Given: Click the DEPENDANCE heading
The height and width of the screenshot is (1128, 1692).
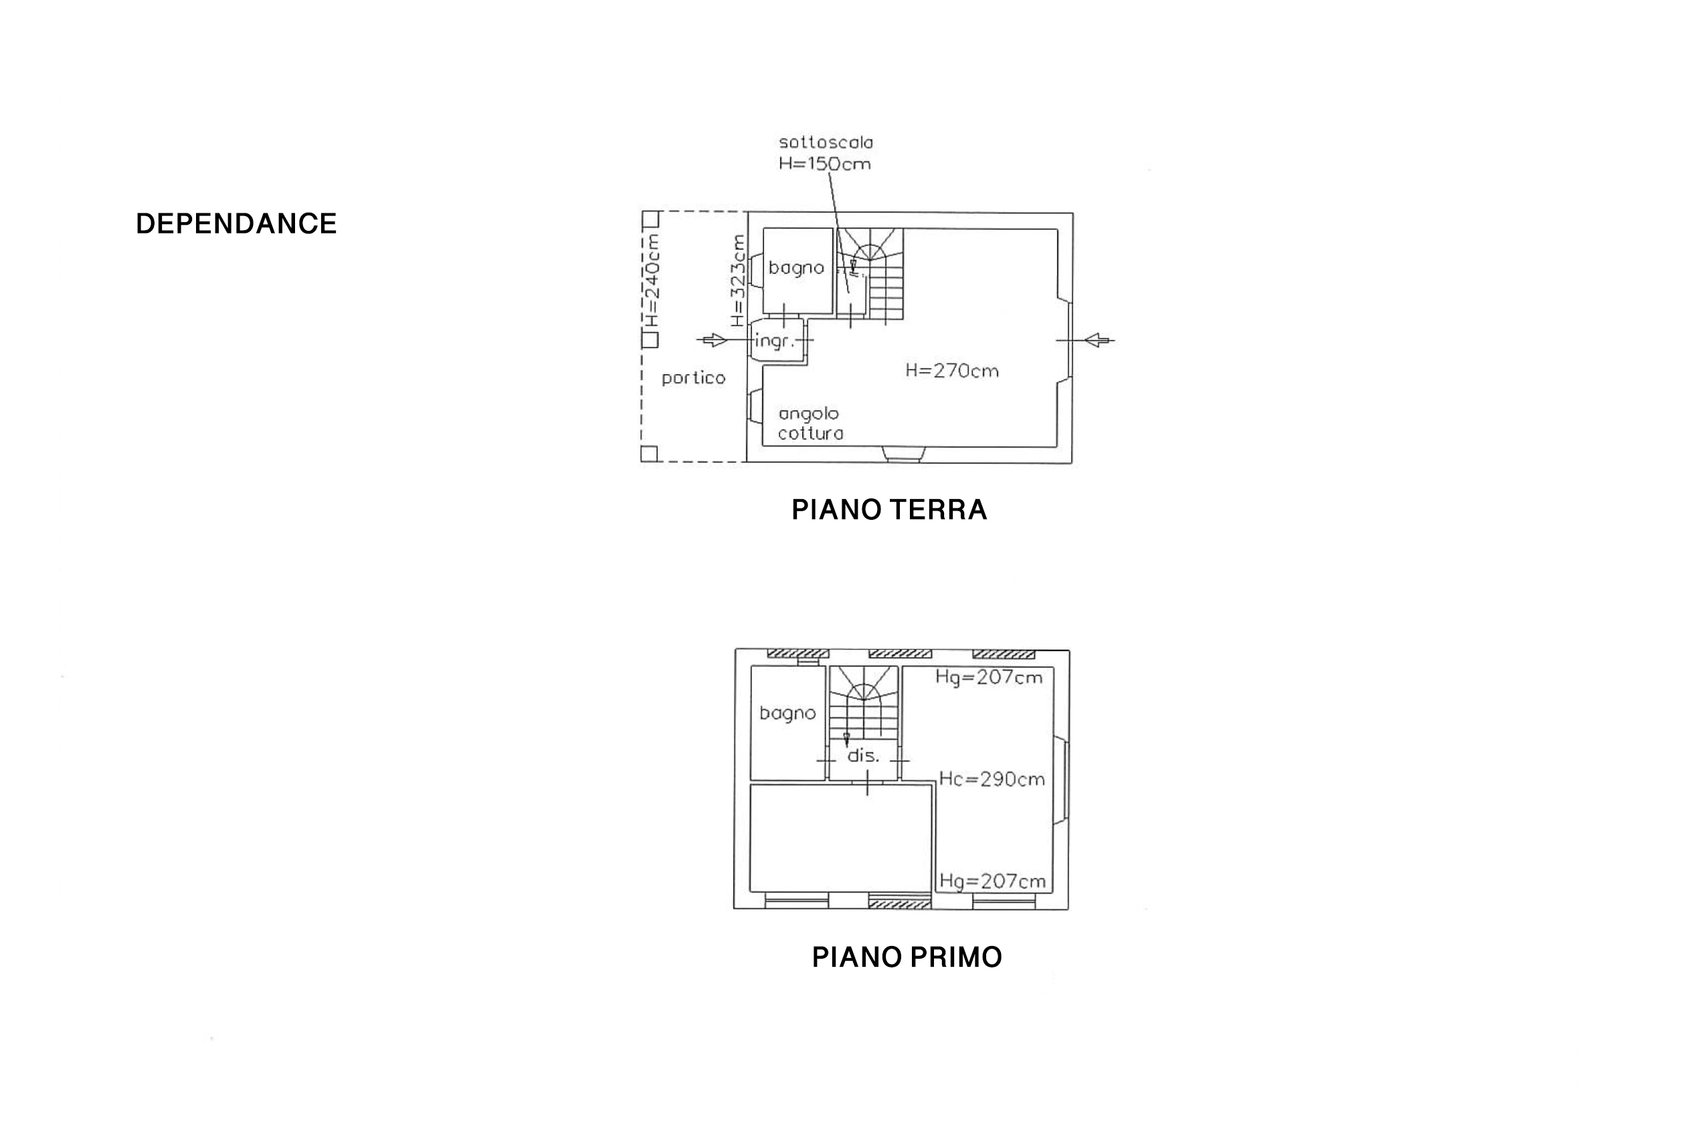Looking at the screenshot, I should coord(236,223).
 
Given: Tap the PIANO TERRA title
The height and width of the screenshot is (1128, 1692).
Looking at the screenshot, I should coord(888,510).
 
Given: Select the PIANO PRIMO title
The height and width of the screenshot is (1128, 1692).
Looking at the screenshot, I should coord(907,957).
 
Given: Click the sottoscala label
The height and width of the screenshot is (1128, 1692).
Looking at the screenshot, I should coord(825,143).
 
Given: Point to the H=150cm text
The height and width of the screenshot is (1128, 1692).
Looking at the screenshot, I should coord(824,164).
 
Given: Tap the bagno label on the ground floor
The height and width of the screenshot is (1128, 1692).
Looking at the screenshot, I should coord(795,268).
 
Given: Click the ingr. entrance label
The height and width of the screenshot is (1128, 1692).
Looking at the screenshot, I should coord(774,341).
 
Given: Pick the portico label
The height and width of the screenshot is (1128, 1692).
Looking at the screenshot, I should coord(694,379).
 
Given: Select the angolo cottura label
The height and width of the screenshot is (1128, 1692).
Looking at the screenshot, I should coord(810,424).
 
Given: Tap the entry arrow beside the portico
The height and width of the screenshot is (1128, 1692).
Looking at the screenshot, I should coord(715,340).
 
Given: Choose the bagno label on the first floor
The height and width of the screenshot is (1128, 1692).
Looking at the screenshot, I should coord(787,714).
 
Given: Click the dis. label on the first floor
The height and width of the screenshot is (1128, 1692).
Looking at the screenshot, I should coord(862,756).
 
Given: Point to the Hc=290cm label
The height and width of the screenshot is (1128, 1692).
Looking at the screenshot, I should coord(992,779).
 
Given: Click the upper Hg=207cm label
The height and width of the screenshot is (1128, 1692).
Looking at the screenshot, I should coord(988,677).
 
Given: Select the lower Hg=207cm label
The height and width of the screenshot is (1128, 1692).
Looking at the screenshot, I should coord(992,881).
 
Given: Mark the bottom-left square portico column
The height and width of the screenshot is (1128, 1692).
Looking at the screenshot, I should coord(649,453).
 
